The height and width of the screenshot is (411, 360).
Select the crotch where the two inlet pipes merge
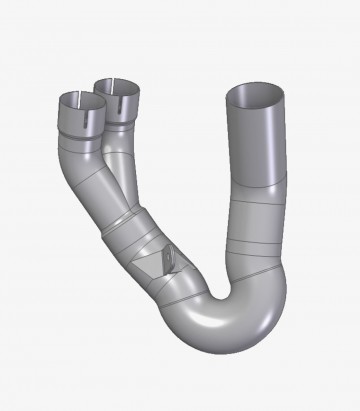(107, 150)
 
